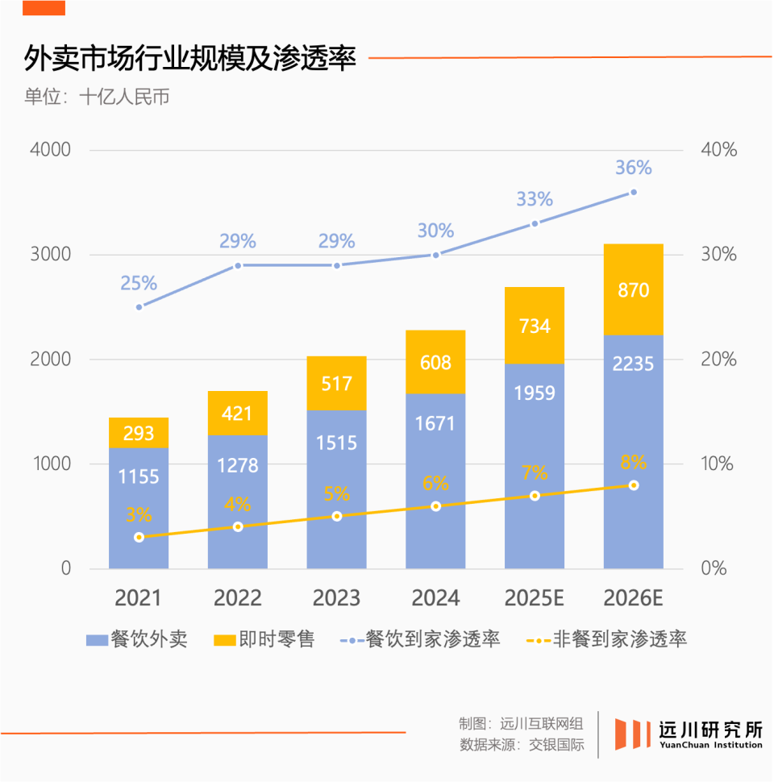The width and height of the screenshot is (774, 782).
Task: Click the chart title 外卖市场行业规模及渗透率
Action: click(x=190, y=58)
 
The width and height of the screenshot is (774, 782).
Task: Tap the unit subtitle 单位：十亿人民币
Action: click(x=97, y=98)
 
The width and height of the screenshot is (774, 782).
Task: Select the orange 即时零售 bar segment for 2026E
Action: click(x=633, y=289)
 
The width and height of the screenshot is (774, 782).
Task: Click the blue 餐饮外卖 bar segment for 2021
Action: click(x=139, y=508)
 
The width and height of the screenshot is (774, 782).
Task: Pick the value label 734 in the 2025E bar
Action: click(x=534, y=326)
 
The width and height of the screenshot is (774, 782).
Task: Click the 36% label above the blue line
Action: click(x=633, y=168)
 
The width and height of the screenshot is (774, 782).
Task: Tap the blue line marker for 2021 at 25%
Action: click(x=139, y=307)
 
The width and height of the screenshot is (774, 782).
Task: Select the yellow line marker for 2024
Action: click(x=435, y=506)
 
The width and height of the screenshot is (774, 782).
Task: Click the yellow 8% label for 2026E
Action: click(x=633, y=463)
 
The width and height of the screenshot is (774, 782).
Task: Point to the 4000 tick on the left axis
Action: click(x=50, y=150)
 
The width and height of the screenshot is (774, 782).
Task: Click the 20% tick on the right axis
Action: click(x=718, y=360)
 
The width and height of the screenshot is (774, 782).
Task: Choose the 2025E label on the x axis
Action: click(x=534, y=598)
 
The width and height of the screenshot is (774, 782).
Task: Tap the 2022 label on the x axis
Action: click(x=237, y=598)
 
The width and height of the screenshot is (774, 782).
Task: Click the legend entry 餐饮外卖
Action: click(x=137, y=640)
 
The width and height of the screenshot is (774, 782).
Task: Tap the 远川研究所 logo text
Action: click(x=709, y=729)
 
